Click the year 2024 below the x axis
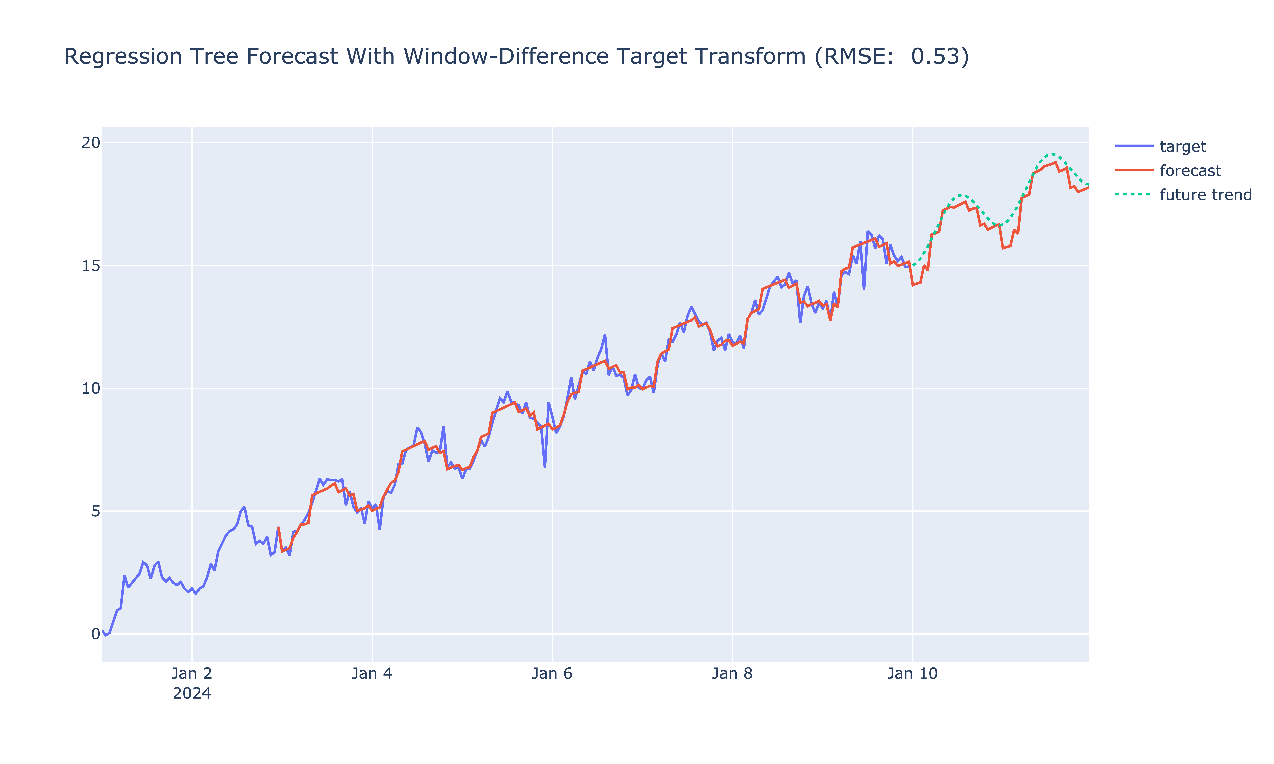coord(192,693)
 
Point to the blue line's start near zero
coord(103,631)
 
